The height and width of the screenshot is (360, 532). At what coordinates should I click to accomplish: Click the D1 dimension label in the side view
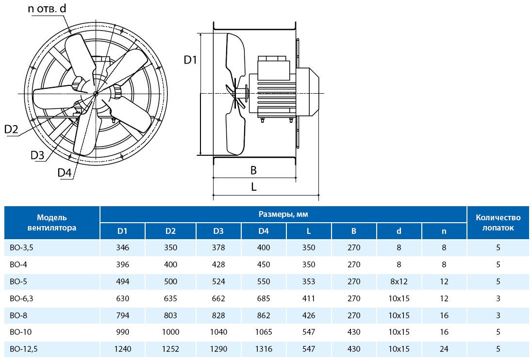click(x=190, y=60)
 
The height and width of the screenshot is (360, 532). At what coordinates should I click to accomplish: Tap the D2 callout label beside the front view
click(x=11, y=129)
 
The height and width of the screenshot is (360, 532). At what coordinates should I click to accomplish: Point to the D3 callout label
click(x=37, y=155)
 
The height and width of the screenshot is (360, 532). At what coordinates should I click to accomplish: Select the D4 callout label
click(x=65, y=173)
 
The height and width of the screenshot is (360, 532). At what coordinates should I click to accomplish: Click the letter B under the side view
click(x=253, y=170)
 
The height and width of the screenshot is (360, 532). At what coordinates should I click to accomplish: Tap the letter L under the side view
click(x=253, y=187)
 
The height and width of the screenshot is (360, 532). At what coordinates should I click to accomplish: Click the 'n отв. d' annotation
click(x=47, y=8)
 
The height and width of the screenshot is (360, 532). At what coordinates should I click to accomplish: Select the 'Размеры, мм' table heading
click(x=283, y=214)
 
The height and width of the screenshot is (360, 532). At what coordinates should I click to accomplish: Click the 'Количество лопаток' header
click(x=498, y=223)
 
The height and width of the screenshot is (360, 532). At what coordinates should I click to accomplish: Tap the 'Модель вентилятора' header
click(x=52, y=223)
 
